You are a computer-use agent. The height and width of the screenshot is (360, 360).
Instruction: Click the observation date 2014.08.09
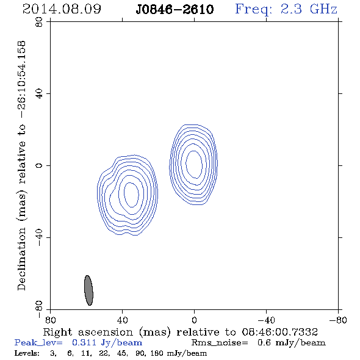[62, 9]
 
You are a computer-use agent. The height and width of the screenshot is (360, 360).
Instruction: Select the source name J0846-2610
[175, 10]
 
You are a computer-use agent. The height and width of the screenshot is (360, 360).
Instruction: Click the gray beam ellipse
[88, 290]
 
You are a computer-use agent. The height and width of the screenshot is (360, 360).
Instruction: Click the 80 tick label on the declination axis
[39, 22]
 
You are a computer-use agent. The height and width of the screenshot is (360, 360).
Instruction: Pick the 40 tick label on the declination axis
[39, 94]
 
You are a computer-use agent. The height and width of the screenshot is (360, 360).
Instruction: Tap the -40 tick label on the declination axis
[39, 237]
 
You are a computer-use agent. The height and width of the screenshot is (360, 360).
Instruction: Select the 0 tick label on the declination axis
[39, 165]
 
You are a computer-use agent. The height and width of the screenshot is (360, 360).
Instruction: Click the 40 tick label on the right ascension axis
[123, 320]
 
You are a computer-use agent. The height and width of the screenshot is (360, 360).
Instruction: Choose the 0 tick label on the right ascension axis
[194, 320]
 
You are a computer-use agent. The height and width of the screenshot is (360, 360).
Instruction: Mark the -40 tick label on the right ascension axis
[266, 320]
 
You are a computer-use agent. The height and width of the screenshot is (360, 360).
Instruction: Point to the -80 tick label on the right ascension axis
[338, 320]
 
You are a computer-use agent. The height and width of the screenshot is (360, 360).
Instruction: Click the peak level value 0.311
[84, 342]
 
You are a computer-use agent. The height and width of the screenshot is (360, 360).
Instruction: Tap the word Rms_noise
[220, 343]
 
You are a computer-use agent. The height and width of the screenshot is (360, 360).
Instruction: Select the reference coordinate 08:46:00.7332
[280, 332]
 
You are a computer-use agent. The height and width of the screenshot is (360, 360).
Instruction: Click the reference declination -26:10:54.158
[22, 79]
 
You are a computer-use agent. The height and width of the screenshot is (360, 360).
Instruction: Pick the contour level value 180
[157, 353]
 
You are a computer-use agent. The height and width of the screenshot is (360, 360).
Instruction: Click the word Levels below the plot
[27, 353]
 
